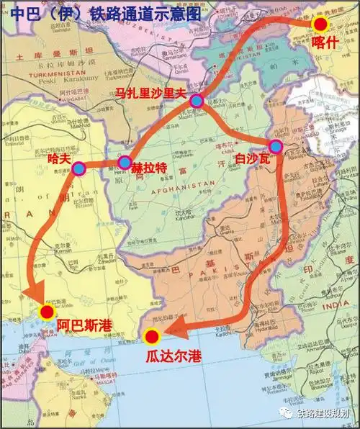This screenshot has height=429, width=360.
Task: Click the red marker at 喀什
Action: (320, 24)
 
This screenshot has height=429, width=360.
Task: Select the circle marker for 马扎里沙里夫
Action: (196, 101)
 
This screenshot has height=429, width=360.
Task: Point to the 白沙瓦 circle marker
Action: (275, 147)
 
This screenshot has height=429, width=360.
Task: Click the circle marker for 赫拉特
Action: (125, 163)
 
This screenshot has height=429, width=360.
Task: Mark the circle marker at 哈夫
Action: (78, 169)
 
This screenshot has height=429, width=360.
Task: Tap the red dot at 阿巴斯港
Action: (48, 312)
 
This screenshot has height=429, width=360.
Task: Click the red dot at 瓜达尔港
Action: (152, 336)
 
